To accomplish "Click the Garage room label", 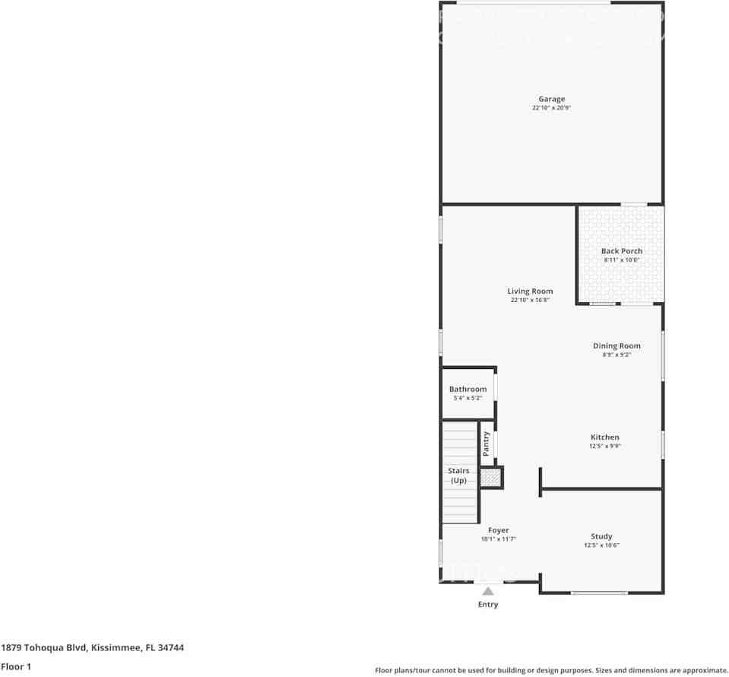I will (x=552, y=99).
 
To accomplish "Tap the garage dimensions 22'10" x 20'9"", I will (x=552, y=108).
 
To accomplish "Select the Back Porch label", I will (x=622, y=251).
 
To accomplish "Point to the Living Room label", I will (x=531, y=291).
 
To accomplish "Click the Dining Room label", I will (x=616, y=346).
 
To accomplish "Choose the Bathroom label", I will (x=468, y=389).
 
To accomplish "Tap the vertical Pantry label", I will (x=487, y=443).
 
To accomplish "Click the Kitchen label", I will (x=605, y=437).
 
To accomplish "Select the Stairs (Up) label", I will (x=458, y=475).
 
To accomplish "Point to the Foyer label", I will (x=499, y=530).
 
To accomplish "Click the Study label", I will (x=601, y=536).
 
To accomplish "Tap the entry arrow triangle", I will (x=488, y=591).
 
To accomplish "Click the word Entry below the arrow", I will (x=488, y=605).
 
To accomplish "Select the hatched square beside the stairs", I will (x=490, y=478).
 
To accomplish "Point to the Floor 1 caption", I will (x=16, y=666).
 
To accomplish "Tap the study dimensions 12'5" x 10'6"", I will (x=601, y=545).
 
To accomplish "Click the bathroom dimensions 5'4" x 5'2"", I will (x=468, y=398).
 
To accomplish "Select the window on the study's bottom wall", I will (x=600, y=593).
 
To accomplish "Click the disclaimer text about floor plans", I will (x=551, y=670).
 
